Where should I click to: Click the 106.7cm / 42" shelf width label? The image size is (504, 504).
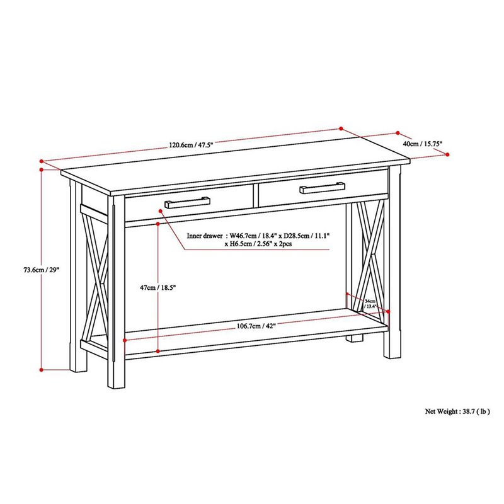(256, 326)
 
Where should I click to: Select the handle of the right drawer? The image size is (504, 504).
(322, 186)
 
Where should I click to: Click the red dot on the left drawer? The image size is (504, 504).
(161, 212)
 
